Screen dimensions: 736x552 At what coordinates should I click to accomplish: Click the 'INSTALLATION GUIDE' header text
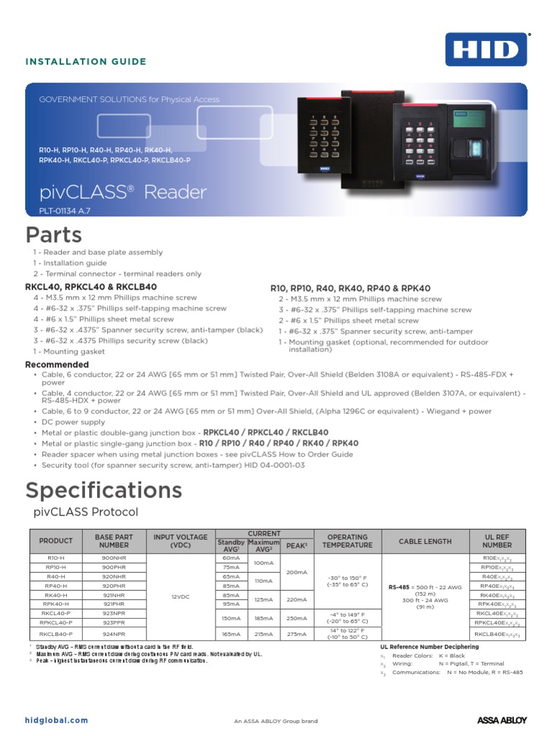tap(86, 62)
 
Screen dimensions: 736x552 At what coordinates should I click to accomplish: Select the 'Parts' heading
tap(54, 235)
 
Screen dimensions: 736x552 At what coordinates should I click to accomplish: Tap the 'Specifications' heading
tap(103, 490)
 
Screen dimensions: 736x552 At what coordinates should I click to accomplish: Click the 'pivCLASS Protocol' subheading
tap(86, 512)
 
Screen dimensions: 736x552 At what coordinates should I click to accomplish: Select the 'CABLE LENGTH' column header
tap(425, 541)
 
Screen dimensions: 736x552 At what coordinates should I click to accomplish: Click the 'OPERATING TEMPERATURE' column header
tap(347, 541)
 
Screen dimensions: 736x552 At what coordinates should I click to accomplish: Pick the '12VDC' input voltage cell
tap(180, 596)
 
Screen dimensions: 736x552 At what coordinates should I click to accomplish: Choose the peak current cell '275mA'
tap(297, 635)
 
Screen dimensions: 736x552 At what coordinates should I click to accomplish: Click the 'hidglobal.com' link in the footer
tap(56, 720)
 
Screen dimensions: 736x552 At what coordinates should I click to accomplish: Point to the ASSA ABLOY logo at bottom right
tap(502, 720)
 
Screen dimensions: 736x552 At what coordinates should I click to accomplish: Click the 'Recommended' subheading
tap(57, 365)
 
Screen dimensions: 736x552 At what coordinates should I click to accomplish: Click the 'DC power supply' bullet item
tap(73, 422)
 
